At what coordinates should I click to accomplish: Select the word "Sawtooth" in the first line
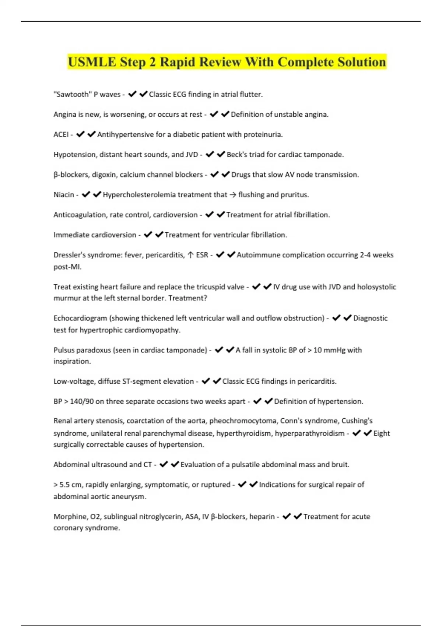72,94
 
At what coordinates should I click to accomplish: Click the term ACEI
61,134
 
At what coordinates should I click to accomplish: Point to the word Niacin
64,194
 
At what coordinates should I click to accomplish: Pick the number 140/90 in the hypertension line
82,401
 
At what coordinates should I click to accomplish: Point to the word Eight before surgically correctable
382,433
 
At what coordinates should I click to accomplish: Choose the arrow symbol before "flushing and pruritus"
233,195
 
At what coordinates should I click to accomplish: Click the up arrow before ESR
190,255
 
